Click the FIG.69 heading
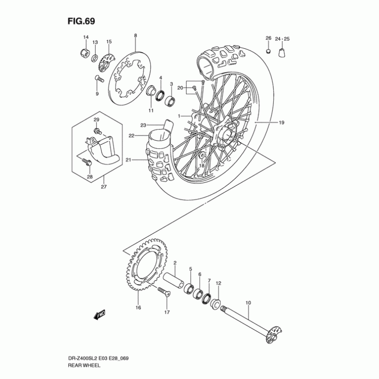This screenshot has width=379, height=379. (x=81, y=21)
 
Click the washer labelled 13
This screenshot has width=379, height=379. (x=95, y=58)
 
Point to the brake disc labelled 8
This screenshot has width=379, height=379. (x=129, y=78)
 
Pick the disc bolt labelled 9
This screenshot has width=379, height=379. (x=99, y=79)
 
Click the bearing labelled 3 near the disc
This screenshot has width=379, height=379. (x=170, y=100)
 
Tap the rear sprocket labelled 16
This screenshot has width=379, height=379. (x=147, y=264)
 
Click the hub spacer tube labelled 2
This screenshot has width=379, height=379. (x=173, y=280)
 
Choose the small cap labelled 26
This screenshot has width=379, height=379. (x=268, y=51)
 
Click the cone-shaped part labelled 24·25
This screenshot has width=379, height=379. (x=282, y=53)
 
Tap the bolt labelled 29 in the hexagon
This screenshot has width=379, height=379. (x=98, y=132)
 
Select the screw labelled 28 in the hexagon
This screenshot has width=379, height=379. (x=86, y=161)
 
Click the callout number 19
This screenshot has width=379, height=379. (x=281, y=123)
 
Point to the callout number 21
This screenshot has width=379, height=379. (x=128, y=160)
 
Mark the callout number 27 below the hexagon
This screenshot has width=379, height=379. (x=104, y=187)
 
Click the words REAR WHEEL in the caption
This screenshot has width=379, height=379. (x=84, y=365)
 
